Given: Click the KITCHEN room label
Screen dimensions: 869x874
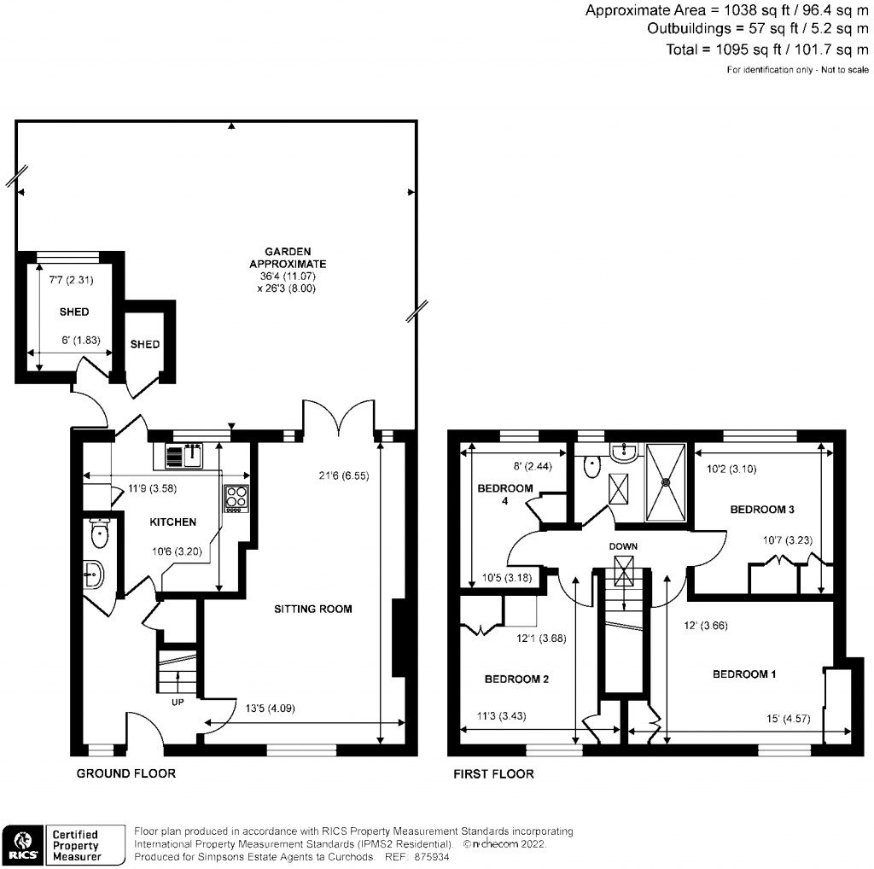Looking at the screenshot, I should pos(173,522).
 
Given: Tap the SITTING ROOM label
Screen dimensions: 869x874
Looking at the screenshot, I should pos(312,609).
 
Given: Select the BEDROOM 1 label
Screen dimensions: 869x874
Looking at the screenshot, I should pos(744,674).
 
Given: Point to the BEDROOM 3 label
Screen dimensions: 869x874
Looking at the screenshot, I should pos(762,510).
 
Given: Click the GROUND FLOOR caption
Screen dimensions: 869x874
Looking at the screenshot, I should pos(126,774).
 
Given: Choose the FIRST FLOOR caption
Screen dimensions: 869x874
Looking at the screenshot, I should pos(495,774).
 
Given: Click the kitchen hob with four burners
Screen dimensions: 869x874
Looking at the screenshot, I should pos(236,499).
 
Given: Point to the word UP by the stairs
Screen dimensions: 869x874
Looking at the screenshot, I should pos(178,703).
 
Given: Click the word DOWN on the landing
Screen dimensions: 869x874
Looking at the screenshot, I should pos(624,546).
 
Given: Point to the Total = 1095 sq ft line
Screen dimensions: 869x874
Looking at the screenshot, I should pos(768,50).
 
